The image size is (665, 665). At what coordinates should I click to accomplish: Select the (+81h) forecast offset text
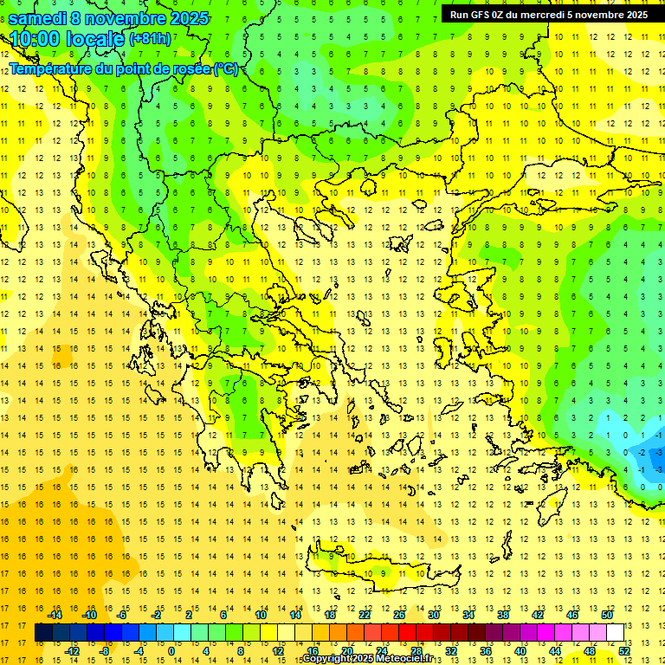click(x=150, y=39)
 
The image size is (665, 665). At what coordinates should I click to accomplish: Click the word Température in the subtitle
click(x=54, y=68)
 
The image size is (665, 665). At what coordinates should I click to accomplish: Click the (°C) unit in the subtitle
click(x=225, y=68)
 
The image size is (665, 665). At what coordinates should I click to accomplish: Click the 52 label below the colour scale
click(x=624, y=651)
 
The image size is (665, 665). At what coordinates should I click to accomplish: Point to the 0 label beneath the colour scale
click(x=172, y=651)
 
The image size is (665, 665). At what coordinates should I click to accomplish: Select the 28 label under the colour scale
click(x=416, y=651)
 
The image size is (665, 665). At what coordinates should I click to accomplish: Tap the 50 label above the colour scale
click(x=607, y=615)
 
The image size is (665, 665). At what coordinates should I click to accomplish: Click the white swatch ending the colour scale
click(x=616, y=633)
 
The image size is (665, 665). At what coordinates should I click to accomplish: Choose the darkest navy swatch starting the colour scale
click(x=43, y=633)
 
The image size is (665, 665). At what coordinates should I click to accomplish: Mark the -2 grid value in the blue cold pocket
click(x=642, y=452)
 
